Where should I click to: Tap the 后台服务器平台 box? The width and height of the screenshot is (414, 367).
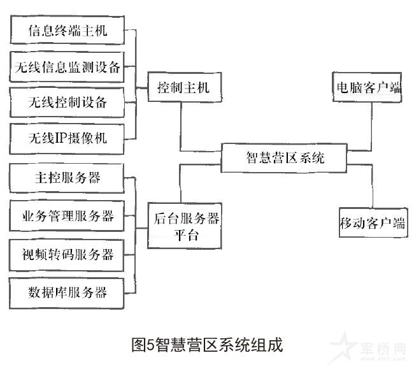(x=186, y=225)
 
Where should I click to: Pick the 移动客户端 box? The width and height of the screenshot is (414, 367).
(x=372, y=224)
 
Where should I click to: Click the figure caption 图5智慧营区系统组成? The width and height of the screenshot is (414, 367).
(x=205, y=345)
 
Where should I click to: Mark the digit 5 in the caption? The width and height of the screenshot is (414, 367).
(x=150, y=345)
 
